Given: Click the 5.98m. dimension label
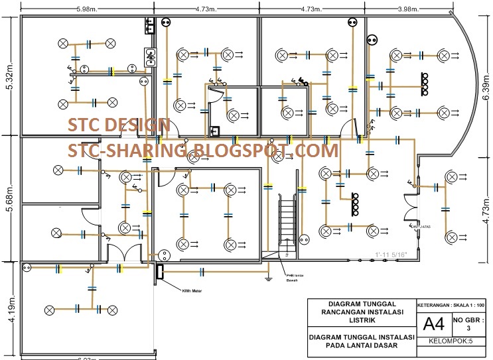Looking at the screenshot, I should (88, 9).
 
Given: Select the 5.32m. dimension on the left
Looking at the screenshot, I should (9, 78).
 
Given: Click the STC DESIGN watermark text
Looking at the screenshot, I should (119, 125).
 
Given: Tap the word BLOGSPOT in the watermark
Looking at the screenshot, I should (238, 150).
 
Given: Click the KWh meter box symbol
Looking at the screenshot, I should (159, 270).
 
